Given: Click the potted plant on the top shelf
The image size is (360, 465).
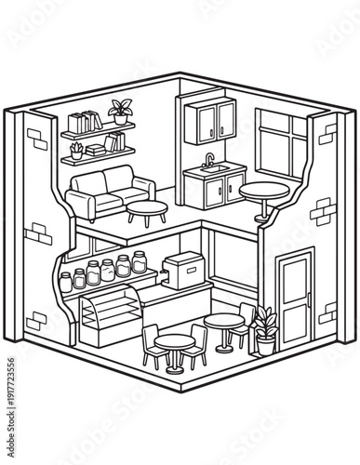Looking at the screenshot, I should click(119, 112).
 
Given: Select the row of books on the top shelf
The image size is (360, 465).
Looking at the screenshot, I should click(84, 123).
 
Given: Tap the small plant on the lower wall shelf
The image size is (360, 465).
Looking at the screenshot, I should click(77, 149).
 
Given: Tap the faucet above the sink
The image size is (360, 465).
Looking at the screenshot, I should click(209, 159).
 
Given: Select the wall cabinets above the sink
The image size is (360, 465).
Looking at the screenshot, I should click(214, 121).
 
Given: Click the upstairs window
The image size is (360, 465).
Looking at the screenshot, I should click(279, 144).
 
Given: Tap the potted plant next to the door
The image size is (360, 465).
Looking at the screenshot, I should click(265, 330).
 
